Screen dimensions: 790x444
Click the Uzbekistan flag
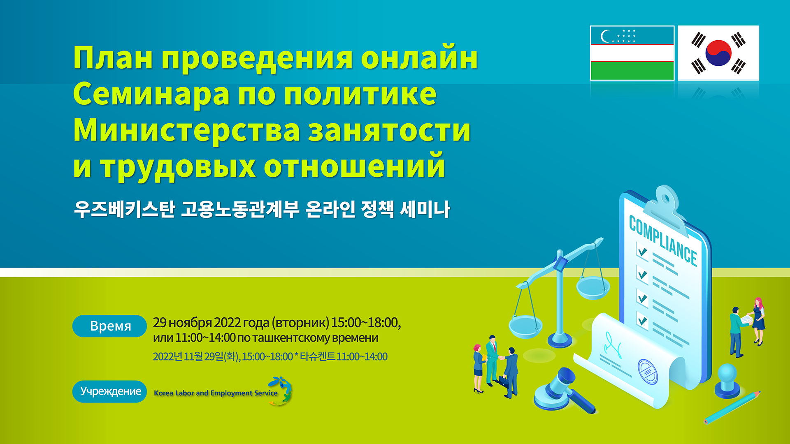[x=632, y=53]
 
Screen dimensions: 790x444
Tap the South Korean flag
[x=718, y=53]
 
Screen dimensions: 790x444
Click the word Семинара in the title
[x=151, y=94]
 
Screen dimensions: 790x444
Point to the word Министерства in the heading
[x=187, y=130]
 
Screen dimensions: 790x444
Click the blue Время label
[x=110, y=326]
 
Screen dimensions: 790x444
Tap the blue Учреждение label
[x=110, y=391]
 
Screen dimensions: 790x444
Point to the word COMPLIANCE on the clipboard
[x=663, y=241]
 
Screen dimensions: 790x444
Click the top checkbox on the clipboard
[x=642, y=251]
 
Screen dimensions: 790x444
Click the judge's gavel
[x=564, y=391]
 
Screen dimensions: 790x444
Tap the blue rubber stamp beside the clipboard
[x=727, y=380]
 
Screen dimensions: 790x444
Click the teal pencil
[x=732, y=407]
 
